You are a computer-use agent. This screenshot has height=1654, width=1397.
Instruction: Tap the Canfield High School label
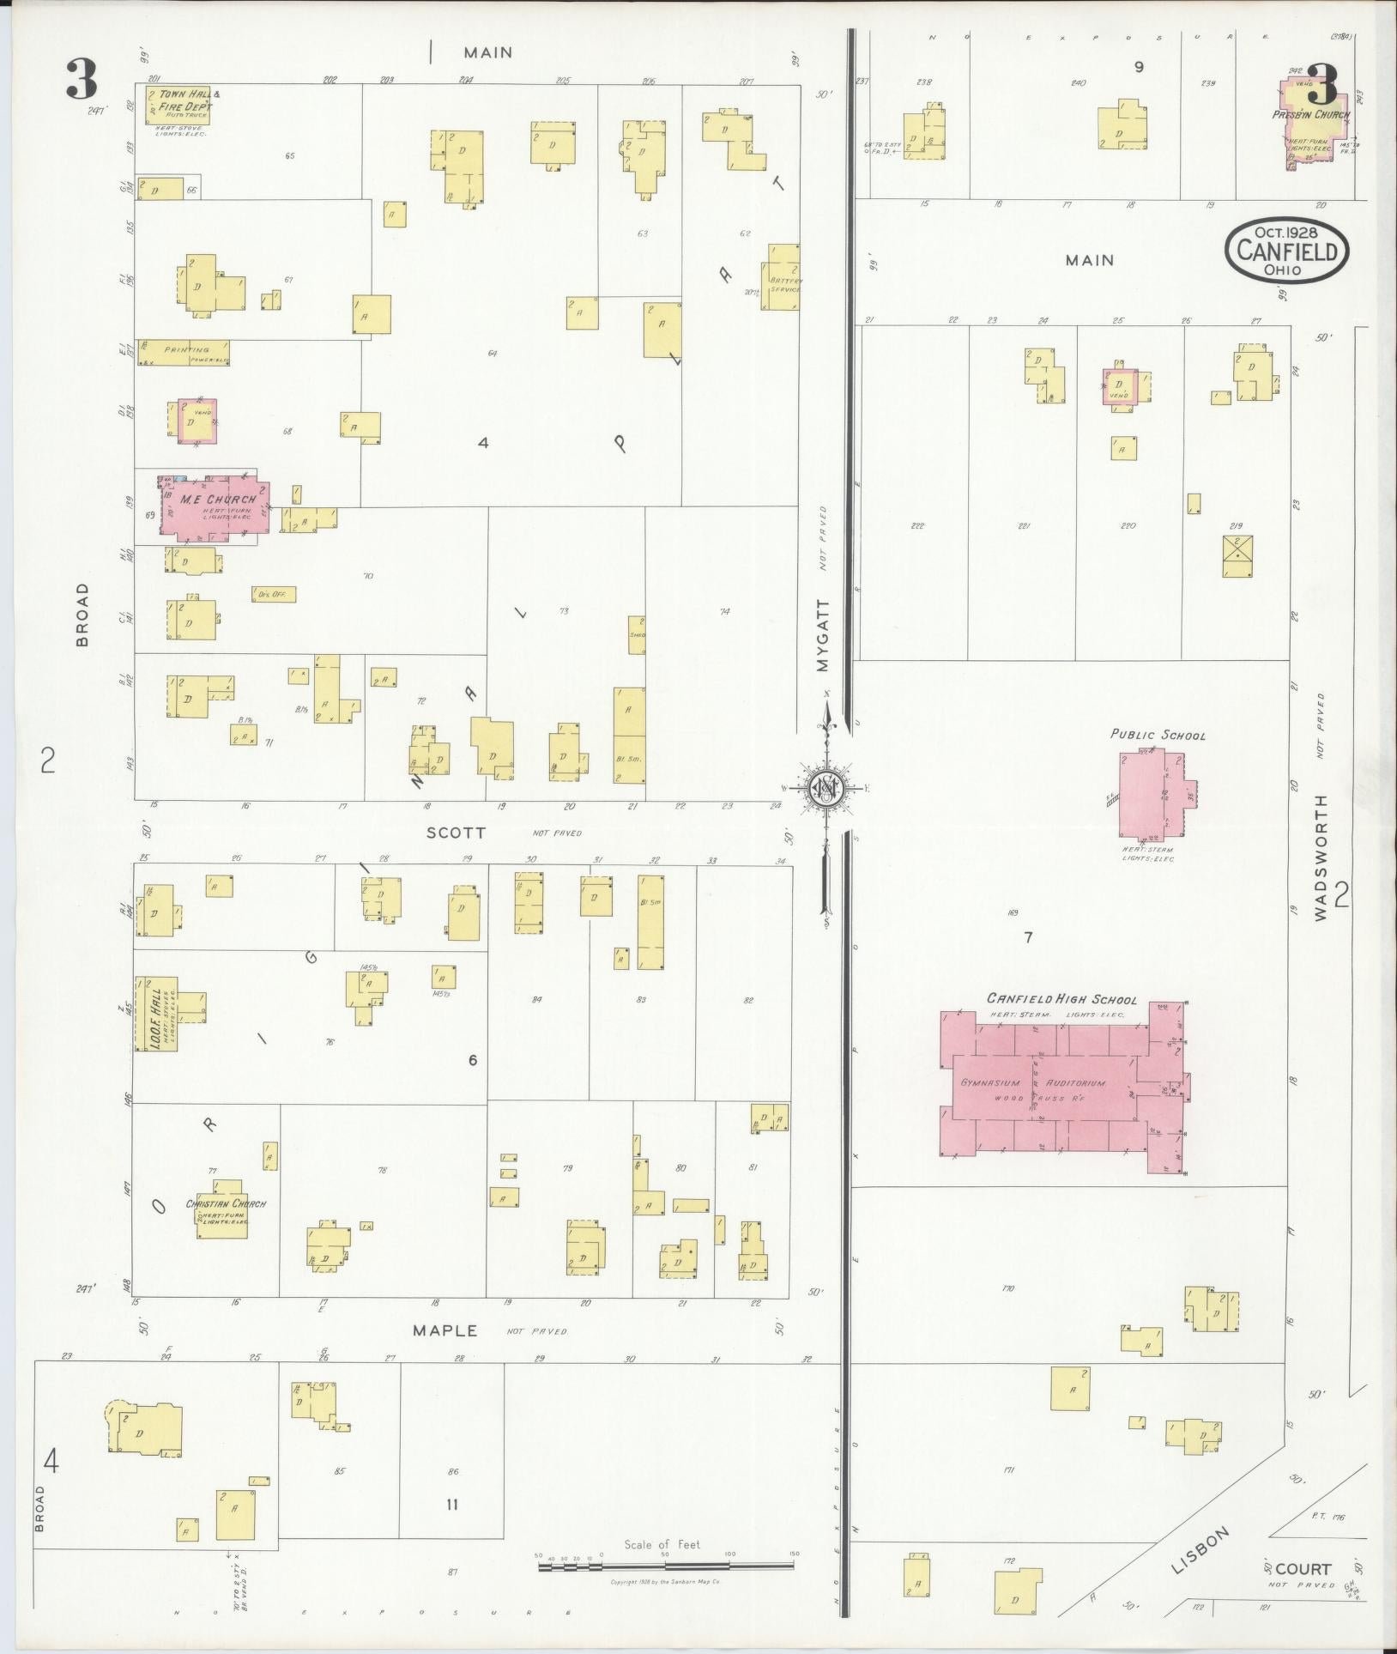click(1061, 999)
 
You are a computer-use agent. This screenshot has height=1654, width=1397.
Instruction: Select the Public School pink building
click(1146, 795)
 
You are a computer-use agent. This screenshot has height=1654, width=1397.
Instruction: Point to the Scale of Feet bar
click(666, 1566)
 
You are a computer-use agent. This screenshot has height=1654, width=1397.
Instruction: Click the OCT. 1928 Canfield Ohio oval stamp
click(1285, 251)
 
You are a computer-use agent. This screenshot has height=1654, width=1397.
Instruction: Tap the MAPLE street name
click(444, 1330)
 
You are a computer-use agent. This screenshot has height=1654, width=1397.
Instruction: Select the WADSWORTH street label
click(1319, 858)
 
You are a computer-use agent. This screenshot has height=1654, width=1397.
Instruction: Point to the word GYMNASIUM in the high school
click(989, 1083)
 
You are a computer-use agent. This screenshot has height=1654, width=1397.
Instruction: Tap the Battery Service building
click(783, 276)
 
